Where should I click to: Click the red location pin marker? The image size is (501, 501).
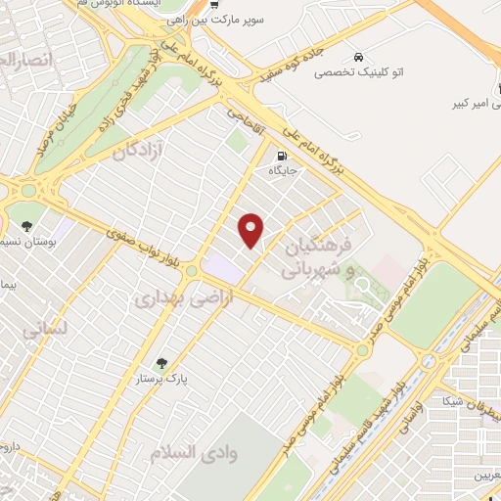252,230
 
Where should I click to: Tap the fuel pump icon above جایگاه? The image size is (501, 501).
283,155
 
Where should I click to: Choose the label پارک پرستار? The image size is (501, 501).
161,378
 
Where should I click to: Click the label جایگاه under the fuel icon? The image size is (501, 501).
283,170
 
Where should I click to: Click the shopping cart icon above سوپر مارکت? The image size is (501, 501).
213,7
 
